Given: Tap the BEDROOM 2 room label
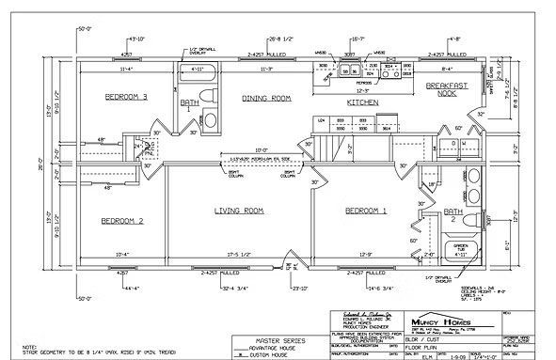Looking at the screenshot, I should coord(121,221).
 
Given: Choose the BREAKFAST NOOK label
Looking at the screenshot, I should coord(447,88).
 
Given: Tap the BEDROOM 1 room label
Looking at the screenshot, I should coord(366,210).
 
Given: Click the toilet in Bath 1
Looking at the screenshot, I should coord(210,119).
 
